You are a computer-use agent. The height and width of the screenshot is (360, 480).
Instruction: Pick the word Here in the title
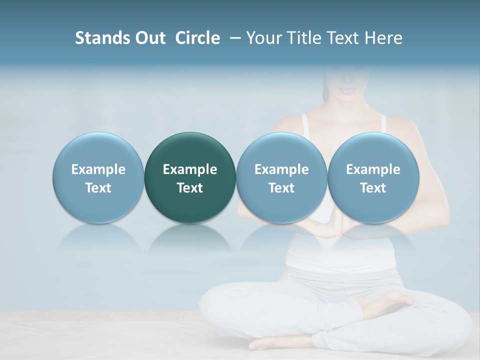click(384, 38)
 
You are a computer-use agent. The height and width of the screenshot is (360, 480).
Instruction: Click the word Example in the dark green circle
click(190, 169)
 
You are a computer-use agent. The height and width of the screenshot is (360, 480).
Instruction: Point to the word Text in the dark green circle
click(190, 188)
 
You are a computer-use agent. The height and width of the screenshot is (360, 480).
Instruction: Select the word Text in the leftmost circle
click(98, 188)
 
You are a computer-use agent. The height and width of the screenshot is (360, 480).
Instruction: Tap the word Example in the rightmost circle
click(373, 169)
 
